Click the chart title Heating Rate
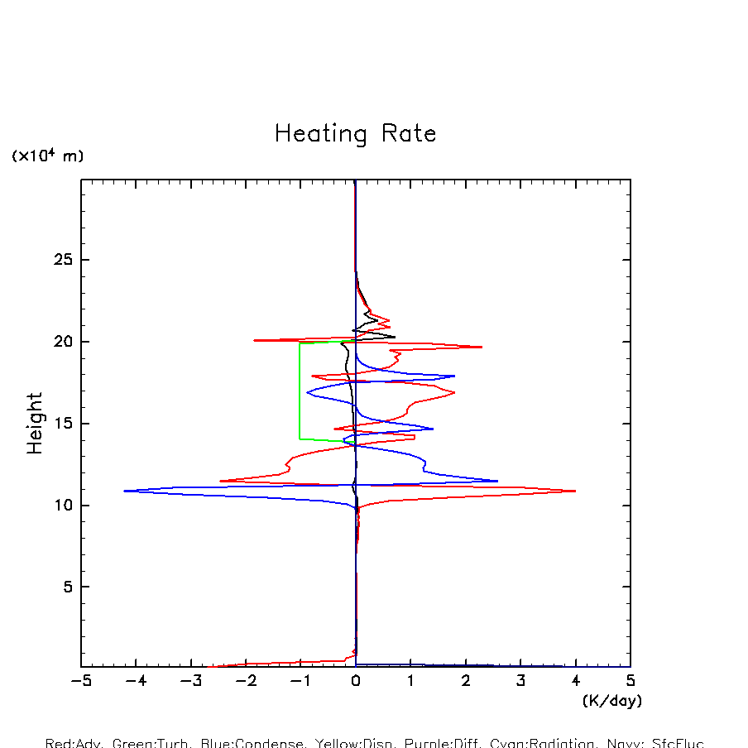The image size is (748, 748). point(355,134)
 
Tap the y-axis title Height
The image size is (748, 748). point(35,424)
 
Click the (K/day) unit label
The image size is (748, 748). point(612,701)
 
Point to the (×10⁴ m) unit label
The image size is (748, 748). point(47,156)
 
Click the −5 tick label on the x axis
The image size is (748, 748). point(80,681)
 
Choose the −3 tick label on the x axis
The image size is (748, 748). point(190,681)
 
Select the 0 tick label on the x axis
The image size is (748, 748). point(356,681)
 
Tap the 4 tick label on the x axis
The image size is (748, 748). point(576,681)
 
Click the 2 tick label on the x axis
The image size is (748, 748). point(466,681)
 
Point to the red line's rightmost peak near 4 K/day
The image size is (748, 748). point(574,491)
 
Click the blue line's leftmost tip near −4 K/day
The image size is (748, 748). point(125,491)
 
